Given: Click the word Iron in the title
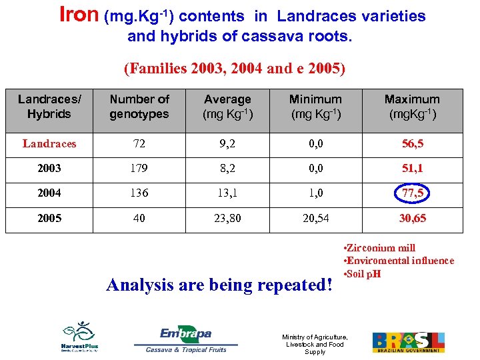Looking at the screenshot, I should tap(79, 15).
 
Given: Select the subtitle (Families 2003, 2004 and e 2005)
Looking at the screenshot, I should tap(235, 68).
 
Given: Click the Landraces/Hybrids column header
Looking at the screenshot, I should tap(49, 106).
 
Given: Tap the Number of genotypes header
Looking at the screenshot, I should tap(139, 106).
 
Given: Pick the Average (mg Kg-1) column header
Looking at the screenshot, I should tap(227, 106).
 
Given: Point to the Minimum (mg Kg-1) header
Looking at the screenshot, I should tap(315, 106).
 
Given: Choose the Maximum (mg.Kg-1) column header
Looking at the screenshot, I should tap(411, 106).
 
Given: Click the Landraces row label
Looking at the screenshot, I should tap(49, 143).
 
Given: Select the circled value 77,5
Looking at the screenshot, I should tap(411, 193).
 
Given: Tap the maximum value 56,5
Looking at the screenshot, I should tap(411, 143).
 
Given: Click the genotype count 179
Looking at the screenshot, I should tap(139, 169).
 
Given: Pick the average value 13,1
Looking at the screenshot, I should tap(227, 193).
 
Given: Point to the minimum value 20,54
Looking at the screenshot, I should tap(315, 218).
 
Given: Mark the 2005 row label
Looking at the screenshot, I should tap(49, 218).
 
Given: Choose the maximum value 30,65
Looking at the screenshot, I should tap(411, 218).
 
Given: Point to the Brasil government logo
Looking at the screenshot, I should tap(408, 341).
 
